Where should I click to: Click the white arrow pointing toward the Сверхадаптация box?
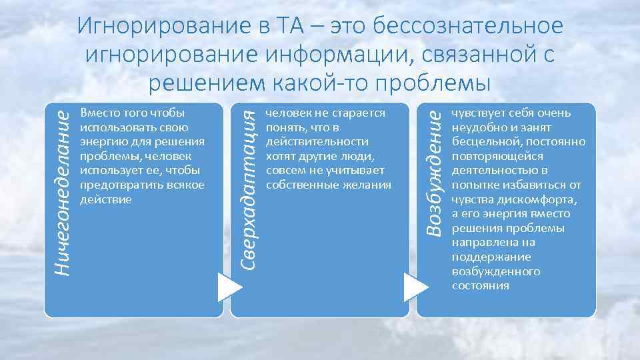pos(229,287)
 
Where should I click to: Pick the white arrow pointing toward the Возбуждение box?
pos(415,287)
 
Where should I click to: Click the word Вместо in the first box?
pos(97,113)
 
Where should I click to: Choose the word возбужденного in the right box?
pos(495,271)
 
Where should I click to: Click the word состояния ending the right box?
pos(480,285)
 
